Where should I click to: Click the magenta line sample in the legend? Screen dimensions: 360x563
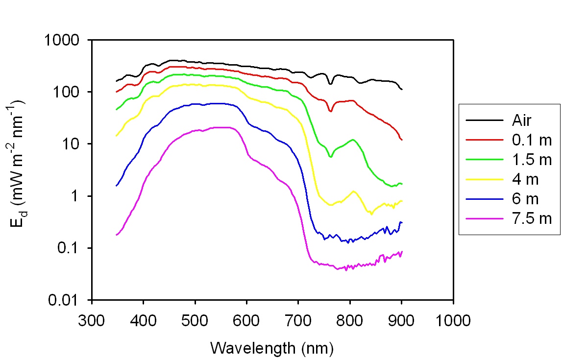pyautogui.click(x=485, y=219)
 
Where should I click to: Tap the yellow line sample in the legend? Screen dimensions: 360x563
pyautogui.click(x=485, y=180)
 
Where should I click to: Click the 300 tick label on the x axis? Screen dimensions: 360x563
pyautogui.click(x=92, y=321)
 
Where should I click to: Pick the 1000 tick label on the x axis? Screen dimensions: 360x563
pyautogui.click(x=453, y=321)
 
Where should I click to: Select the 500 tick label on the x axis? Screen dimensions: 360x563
pyautogui.click(x=195, y=321)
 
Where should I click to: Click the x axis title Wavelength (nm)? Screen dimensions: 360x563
pyautogui.click(x=272, y=348)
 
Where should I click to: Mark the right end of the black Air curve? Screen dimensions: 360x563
pyautogui.click(x=402, y=89)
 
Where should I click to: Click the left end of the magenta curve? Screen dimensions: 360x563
pyautogui.click(x=116, y=235)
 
